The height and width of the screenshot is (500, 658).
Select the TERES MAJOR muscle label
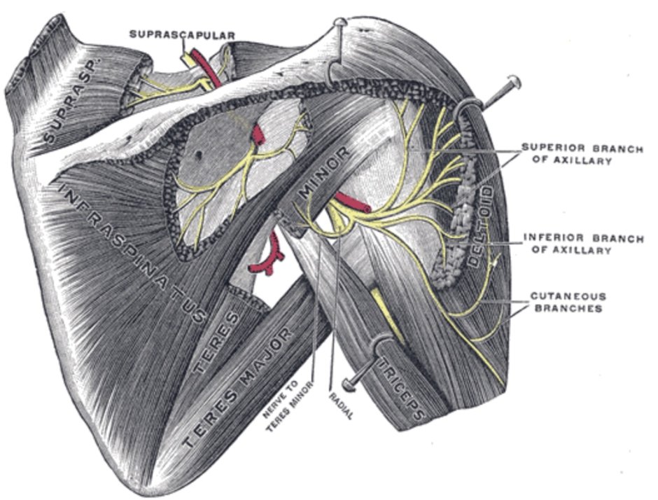pyautogui.click(x=238, y=389)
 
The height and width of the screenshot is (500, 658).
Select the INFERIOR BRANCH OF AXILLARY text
pyautogui.click(x=583, y=244)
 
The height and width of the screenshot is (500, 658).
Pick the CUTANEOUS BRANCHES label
pyautogui.click(x=568, y=302)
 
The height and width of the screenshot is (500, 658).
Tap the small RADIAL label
pyautogui.click(x=340, y=406)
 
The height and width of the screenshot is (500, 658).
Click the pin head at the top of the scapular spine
pyautogui.click(x=340, y=24)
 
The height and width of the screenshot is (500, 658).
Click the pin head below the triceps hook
pyautogui.click(x=348, y=383)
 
